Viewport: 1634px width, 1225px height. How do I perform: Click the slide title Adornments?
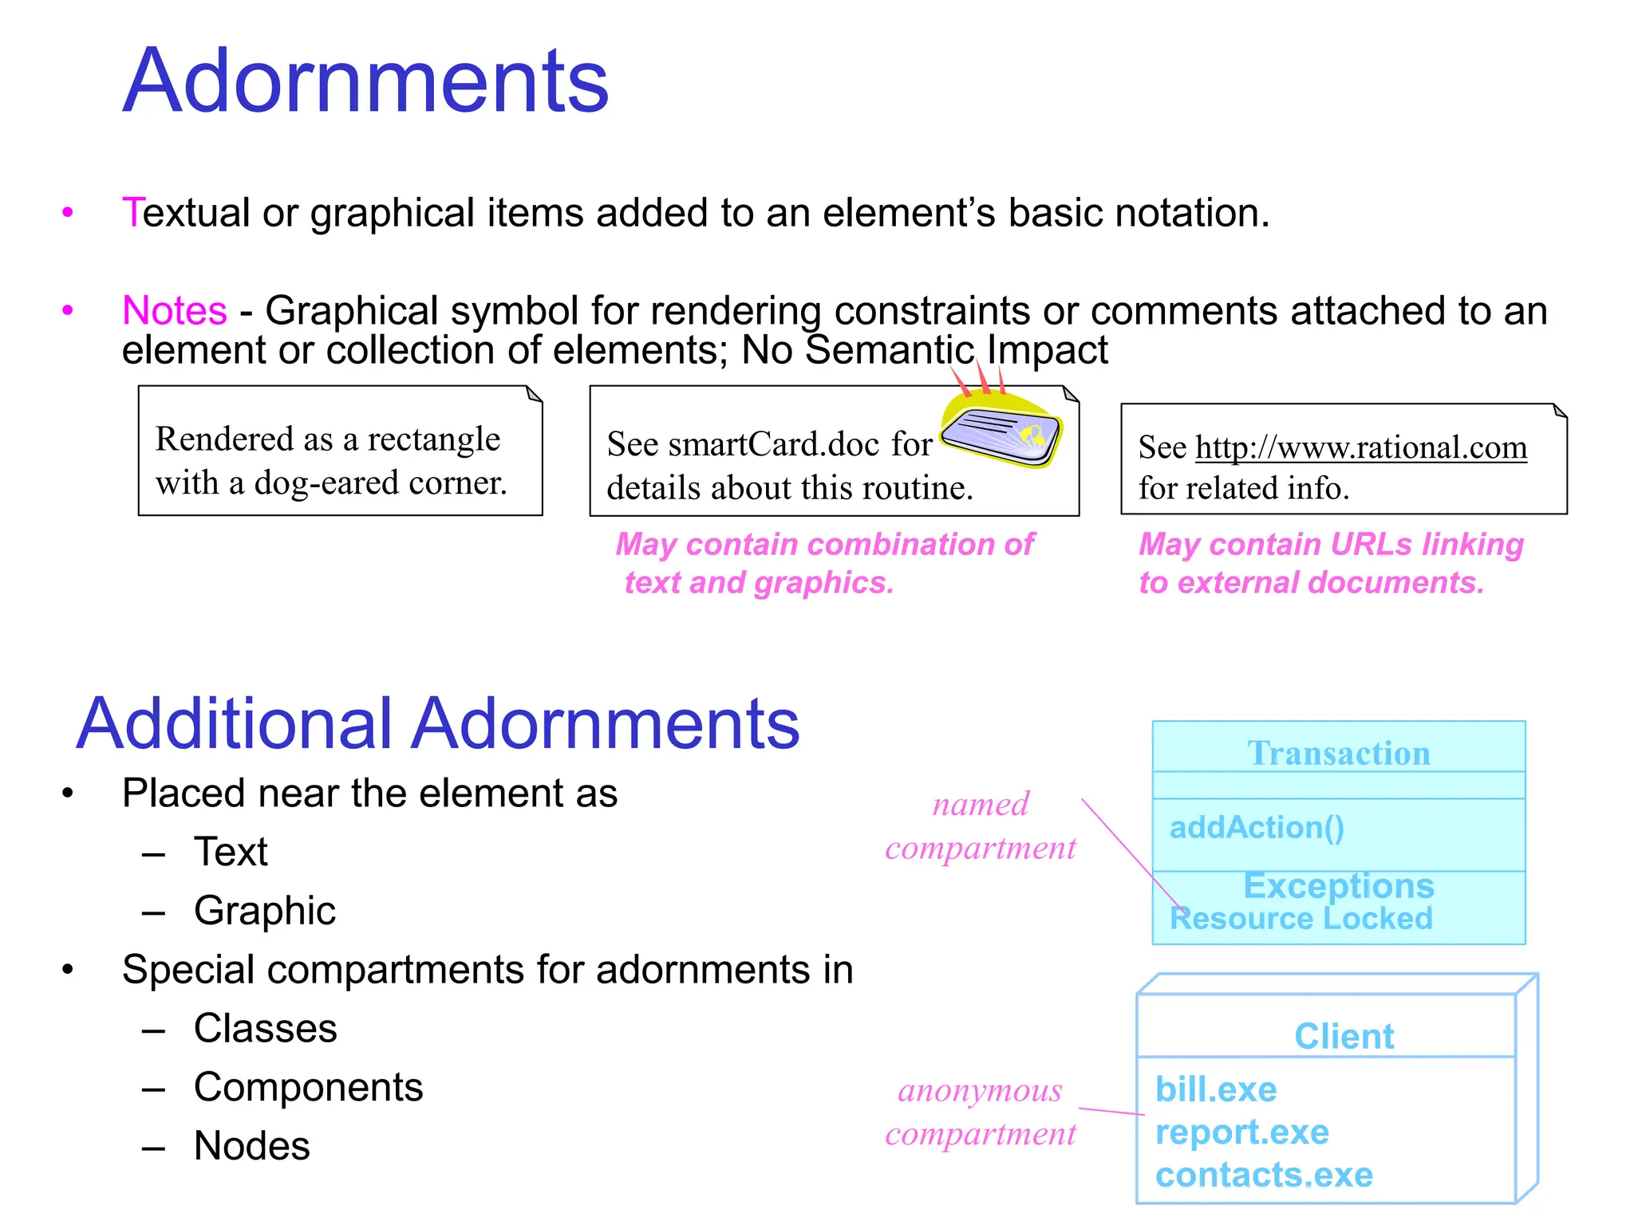[x=365, y=81]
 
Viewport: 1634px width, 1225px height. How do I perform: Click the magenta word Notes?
[x=175, y=310]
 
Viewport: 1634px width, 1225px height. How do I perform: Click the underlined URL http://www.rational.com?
[x=1360, y=447]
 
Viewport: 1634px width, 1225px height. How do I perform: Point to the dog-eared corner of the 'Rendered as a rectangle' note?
[x=534, y=394]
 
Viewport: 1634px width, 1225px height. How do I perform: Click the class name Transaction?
[x=1339, y=753]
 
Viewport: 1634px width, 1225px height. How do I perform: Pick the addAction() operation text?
[x=1257, y=827]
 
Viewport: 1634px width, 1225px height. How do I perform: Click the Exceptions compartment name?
[x=1338, y=885]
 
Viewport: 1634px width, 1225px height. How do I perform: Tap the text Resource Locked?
[x=1300, y=918]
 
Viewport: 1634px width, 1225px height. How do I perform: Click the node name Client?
[x=1344, y=1036]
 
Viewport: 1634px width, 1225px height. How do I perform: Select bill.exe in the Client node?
[x=1215, y=1089]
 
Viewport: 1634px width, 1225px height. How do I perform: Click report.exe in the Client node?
[x=1241, y=1132]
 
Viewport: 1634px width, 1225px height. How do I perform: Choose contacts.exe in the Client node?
[x=1264, y=1175]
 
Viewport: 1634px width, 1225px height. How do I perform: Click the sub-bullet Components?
[x=308, y=1087]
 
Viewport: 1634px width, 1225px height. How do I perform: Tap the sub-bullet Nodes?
[x=251, y=1146]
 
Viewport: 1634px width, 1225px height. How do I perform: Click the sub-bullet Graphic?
[x=264, y=911]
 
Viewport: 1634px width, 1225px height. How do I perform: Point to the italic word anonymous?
[x=980, y=1090]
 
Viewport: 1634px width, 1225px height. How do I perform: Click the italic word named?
[x=981, y=804]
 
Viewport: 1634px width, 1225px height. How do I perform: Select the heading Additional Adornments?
[x=437, y=723]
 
